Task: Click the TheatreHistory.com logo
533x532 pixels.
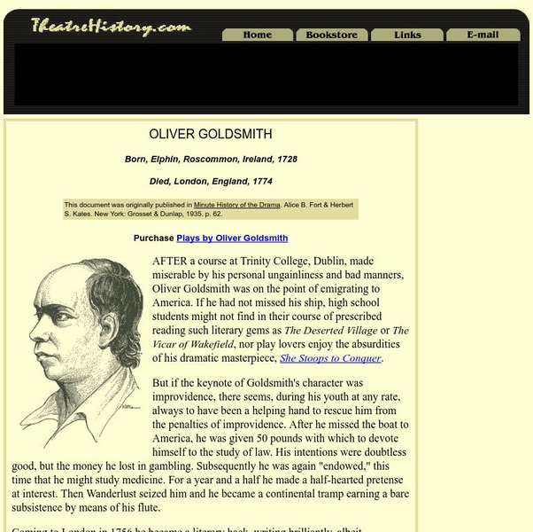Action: (x=111, y=27)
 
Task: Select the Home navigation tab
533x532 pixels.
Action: (x=257, y=35)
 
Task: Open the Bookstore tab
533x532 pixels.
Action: (x=331, y=35)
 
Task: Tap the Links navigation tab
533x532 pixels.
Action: (x=407, y=35)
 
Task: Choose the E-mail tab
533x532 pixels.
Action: (x=483, y=35)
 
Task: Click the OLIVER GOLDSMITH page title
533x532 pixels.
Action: (x=211, y=135)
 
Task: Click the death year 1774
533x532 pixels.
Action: (x=260, y=182)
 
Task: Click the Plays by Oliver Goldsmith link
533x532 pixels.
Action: (x=232, y=238)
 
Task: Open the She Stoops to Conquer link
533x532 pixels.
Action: (x=330, y=358)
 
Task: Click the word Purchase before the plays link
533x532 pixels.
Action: (x=153, y=238)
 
